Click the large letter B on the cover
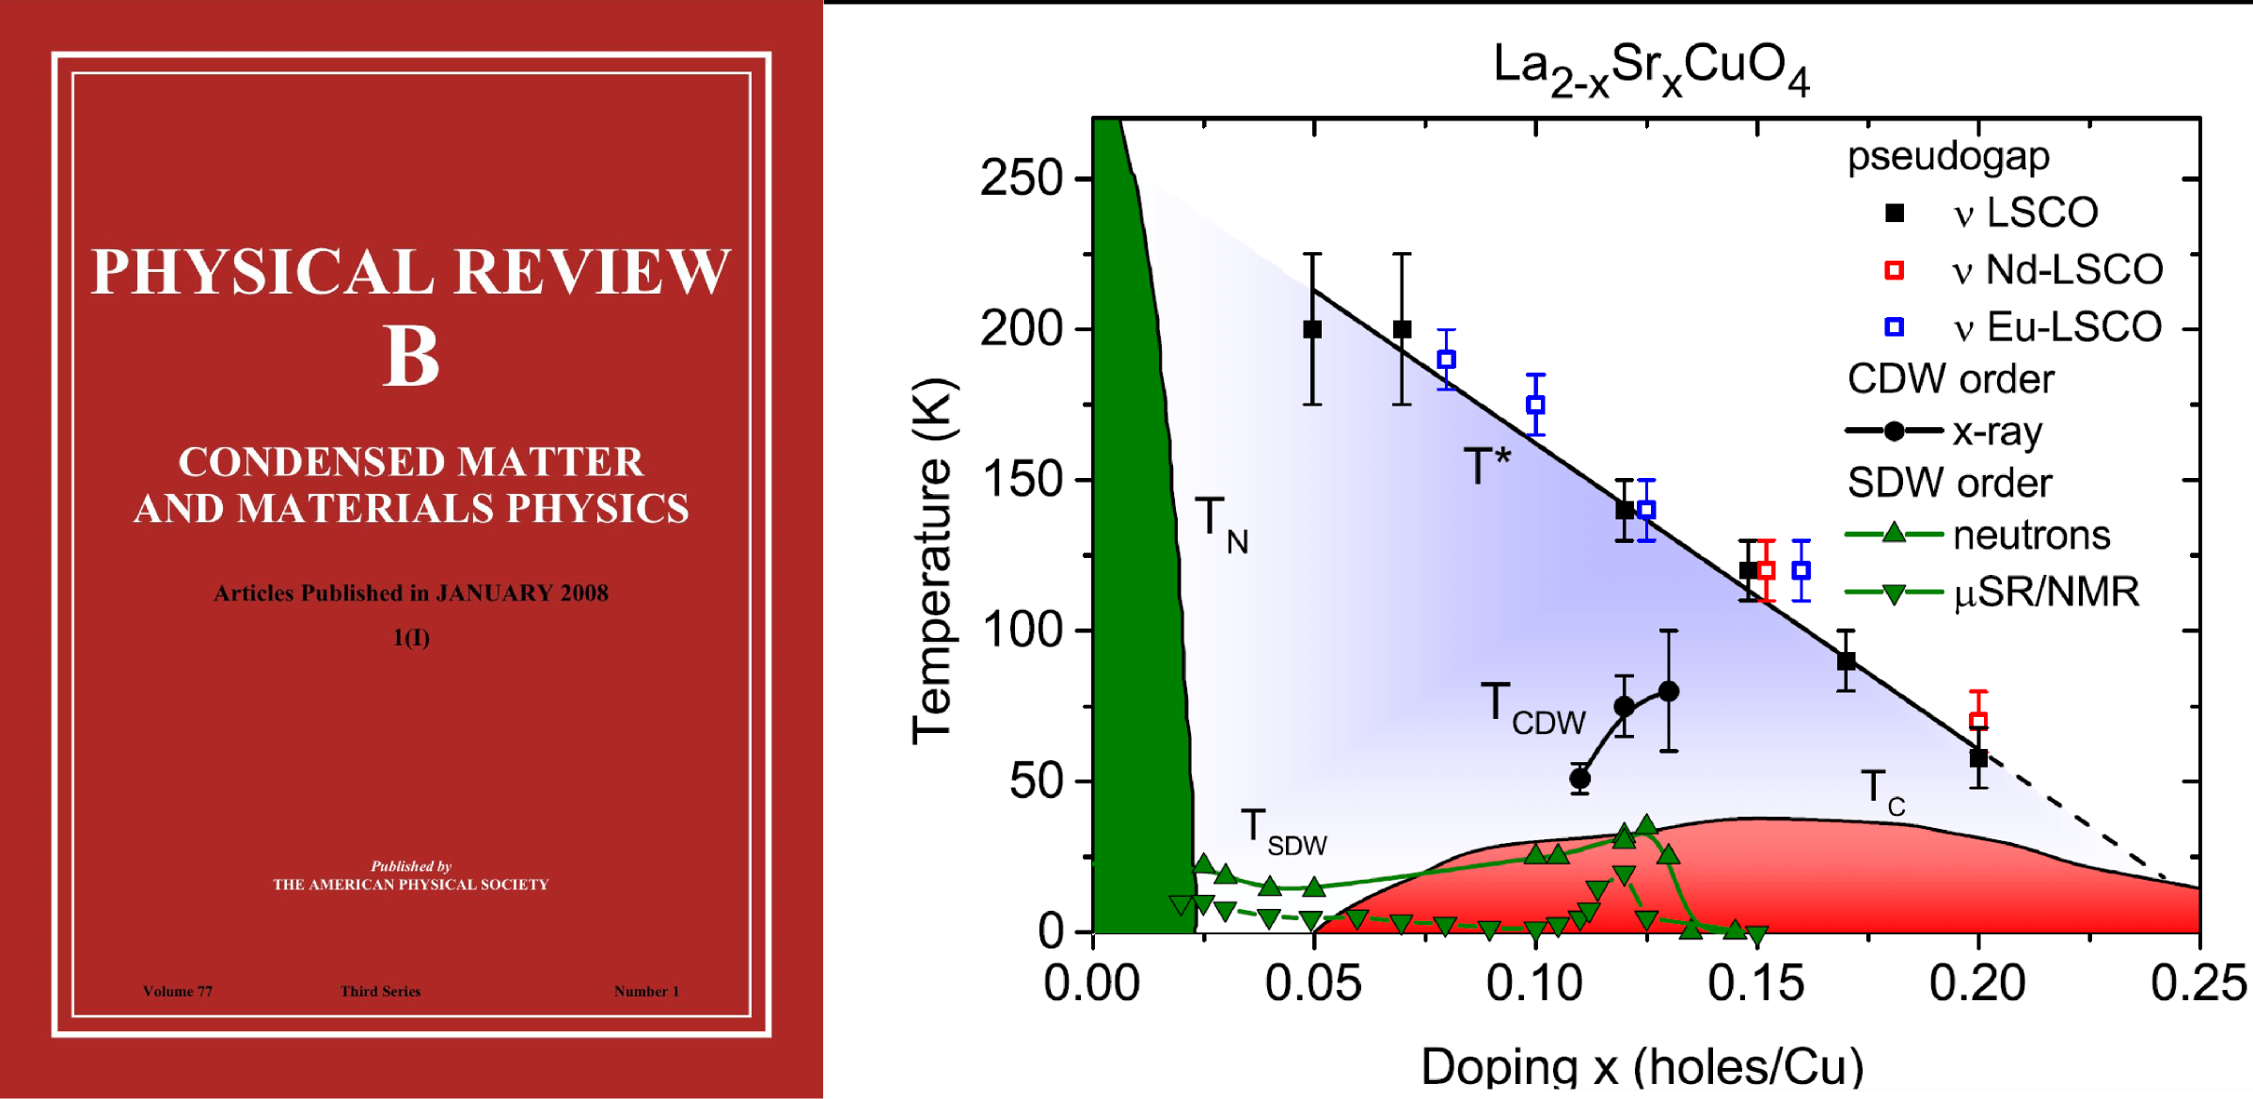[x=411, y=357]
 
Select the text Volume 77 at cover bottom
[x=178, y=991]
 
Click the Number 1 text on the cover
[x=646, y=991]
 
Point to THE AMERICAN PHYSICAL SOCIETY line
[x=410, y=884]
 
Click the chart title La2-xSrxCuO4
[x=1651, y=69]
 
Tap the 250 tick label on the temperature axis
[x=1022, y=178]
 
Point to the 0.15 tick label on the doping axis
[x=1756, y=984]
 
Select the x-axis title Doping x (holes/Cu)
[x=1642, y=1066]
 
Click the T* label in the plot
[x=1486, y=466]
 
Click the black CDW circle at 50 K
[x=1580, y=778]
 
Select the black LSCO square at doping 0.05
[x=1312, y=329]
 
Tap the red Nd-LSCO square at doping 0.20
[x=1978, y=722]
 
